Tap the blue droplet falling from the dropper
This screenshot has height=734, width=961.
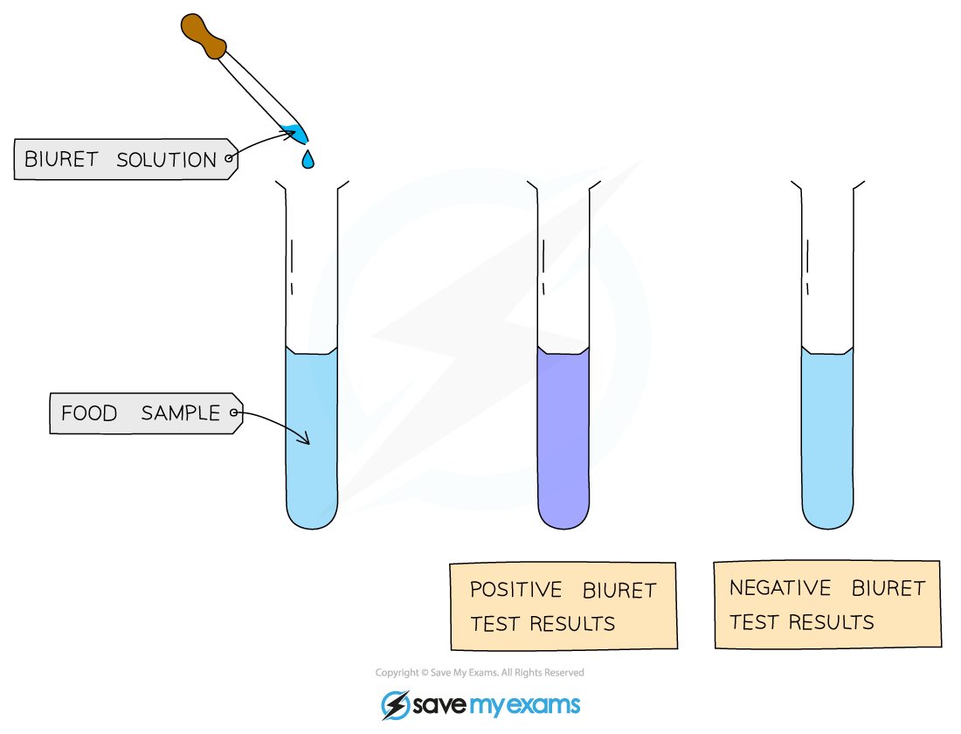click(308, 160)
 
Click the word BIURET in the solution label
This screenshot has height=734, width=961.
click(60, 160)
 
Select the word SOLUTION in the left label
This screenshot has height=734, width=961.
click(166, 160)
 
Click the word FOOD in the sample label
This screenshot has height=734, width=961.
click(89, 413)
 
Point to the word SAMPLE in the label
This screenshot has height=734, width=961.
click(181, 413)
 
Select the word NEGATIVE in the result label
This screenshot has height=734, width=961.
click(780, 588)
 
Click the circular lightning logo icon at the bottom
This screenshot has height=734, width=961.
click(395, 705)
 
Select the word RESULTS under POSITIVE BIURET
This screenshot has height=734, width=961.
click(577, 624)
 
